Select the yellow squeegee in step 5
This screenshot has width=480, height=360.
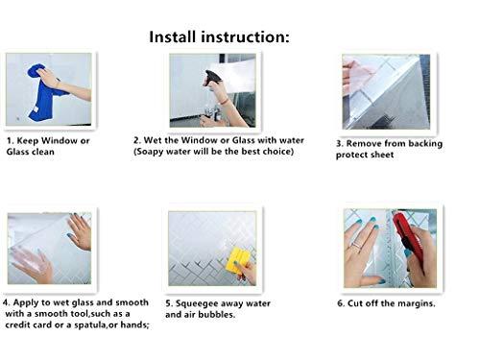pos(237,260)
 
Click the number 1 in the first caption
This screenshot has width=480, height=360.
pos(9,141)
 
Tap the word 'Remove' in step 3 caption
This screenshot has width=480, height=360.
pos(370,144)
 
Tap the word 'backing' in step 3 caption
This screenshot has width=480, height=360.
pos(441,144)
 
